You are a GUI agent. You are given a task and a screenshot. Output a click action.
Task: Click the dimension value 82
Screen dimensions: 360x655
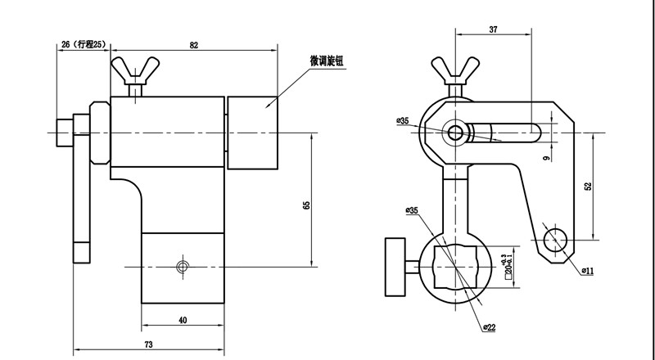[194, 46]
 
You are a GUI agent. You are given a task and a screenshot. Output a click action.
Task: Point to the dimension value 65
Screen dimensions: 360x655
[306, 205]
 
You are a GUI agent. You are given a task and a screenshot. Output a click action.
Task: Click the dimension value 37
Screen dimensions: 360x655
[493, 29]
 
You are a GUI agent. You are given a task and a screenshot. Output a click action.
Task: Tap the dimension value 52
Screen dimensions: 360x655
[588, 187]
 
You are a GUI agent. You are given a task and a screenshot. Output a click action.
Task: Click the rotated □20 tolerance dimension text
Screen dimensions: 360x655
[508, 254]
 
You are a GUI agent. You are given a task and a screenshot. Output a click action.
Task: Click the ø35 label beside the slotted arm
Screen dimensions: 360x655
[402, 121]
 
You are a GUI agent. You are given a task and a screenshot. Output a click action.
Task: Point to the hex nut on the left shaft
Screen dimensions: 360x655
[98, 132]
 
